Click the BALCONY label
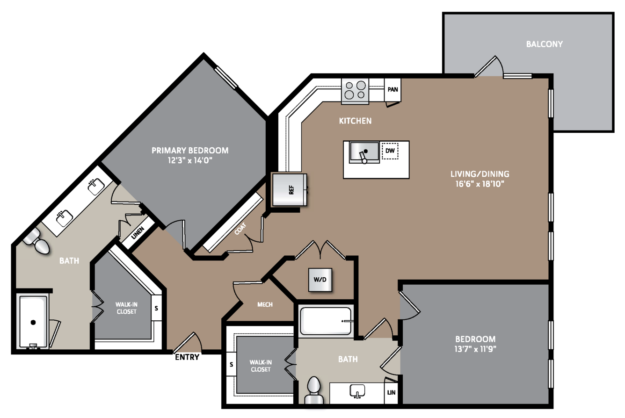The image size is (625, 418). point(545,44)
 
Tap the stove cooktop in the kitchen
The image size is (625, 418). point(355,91)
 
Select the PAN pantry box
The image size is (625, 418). point(392,89)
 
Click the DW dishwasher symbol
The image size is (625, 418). point(390,151)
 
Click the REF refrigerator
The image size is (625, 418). point(290,190)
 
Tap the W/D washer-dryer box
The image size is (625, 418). point(320,280)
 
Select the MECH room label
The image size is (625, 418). point(265,304)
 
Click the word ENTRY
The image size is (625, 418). point(187,357)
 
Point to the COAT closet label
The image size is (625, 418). point(240,229)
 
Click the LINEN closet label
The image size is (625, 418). point(138,233)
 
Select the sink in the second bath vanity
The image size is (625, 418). point(357,391)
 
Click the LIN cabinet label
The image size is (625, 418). point(391,393)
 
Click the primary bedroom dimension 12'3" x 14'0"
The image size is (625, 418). point(190,161)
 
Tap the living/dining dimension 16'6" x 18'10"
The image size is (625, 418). point(480,184)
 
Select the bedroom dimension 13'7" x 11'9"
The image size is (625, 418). point(475,349)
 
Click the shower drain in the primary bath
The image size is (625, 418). point(33,323)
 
